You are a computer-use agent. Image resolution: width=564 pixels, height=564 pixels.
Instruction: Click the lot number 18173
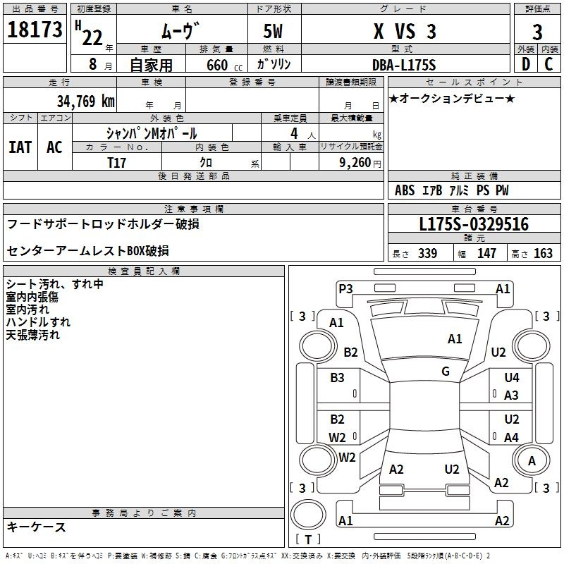35,30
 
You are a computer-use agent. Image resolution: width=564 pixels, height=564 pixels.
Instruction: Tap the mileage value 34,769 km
85,102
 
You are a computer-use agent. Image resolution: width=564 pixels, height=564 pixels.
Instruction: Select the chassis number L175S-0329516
474,224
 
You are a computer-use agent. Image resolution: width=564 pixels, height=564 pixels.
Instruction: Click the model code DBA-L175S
404,65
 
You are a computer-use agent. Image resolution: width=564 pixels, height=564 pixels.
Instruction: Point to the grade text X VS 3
405,31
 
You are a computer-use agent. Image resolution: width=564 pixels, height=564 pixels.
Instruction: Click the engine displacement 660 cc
224,66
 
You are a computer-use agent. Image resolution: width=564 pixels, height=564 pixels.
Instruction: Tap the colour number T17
116,163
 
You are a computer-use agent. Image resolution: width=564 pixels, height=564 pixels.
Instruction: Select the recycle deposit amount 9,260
355,163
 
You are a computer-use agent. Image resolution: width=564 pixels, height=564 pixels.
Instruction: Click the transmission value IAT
20,147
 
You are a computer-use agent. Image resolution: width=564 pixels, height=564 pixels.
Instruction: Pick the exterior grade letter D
526,64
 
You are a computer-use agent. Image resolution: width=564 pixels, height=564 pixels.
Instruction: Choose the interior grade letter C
548,64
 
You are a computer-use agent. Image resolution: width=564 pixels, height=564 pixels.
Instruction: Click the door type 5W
273,31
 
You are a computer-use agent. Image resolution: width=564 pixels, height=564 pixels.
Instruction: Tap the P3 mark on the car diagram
345,289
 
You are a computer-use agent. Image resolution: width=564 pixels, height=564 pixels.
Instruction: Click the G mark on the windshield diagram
446,372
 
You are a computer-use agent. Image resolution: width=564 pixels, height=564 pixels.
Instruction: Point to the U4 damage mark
512,378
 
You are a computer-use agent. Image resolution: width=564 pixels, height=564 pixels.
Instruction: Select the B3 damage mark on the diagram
337,378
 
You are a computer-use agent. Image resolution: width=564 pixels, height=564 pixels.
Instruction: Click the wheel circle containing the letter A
531,460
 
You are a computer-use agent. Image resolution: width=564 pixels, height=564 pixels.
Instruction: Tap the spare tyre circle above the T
308,515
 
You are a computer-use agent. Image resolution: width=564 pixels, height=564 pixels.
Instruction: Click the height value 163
543,254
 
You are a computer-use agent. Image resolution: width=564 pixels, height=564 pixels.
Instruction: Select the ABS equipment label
405,190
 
